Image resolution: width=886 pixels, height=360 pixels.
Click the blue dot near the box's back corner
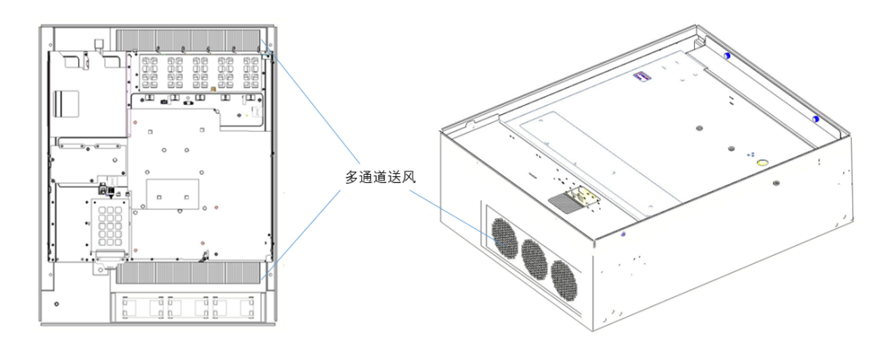(x=727, y=55)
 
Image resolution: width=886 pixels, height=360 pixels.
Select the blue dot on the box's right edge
(x=815, y=120)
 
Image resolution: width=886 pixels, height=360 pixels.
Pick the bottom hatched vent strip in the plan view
(x=190, y=273)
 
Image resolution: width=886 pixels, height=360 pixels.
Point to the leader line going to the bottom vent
(x=308, y=233)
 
